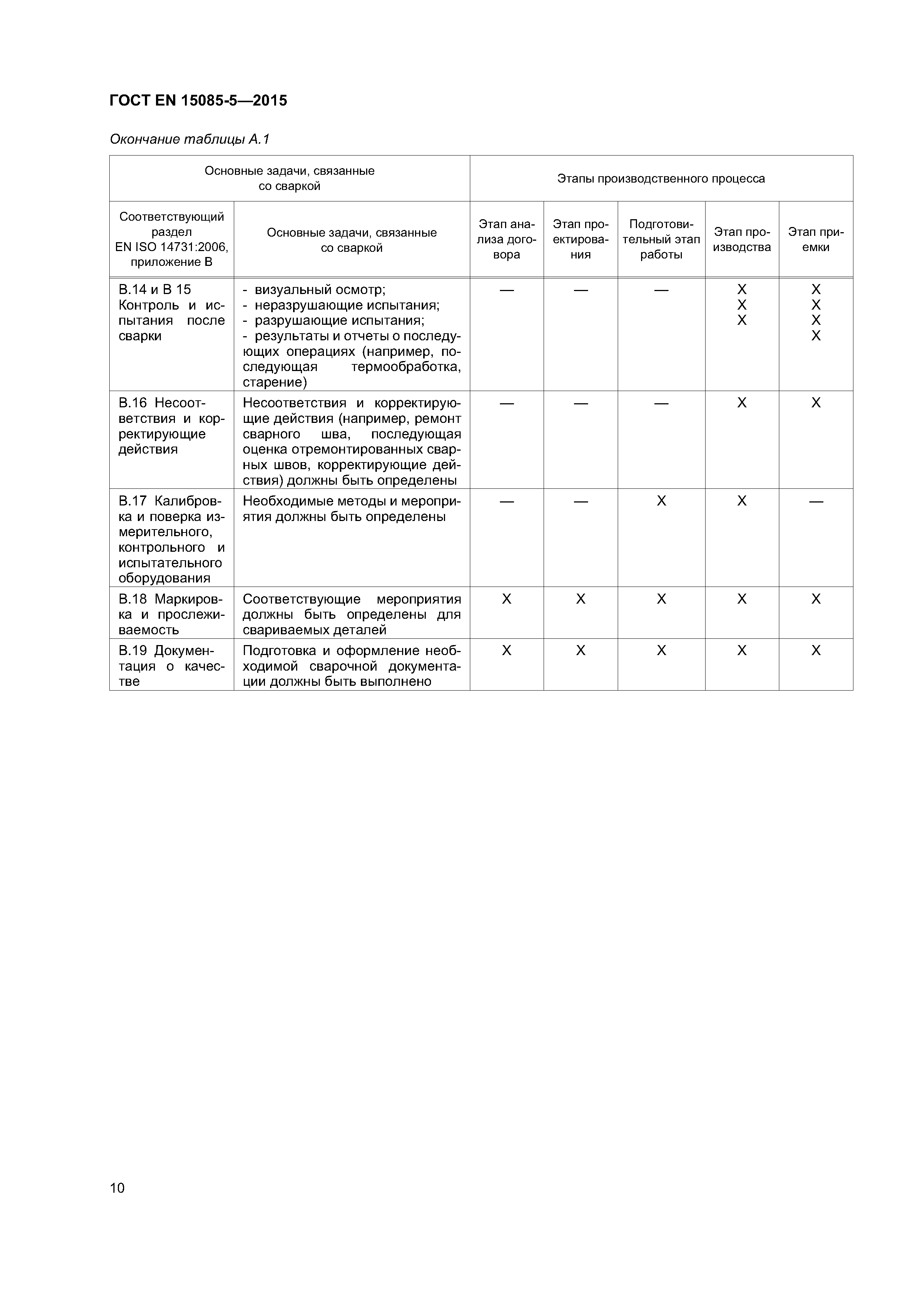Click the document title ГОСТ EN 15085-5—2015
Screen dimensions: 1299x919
pyautogui.click(x=198, y=101)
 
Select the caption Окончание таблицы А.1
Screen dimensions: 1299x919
pyautogui.click(x=190, y=139)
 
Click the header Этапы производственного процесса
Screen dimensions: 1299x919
pyautogui.click(x=661, y=179)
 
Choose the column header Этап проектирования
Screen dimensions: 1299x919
pyautogui.click(x=580, y=239)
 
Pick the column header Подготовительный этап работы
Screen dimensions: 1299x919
pyautogui.click(x=661, y=239)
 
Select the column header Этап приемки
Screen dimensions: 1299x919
pyautogui.click(x=815, y=239)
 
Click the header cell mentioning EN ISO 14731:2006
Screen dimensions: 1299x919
pyautogui.click(x=172, y=239)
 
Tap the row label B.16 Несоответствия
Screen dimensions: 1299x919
pyautogui.click(x=172, y=426)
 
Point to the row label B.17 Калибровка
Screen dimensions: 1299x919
pyautogui.click(x=172, y=539)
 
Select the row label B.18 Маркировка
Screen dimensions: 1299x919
pyautogui.click(x=172, y=614)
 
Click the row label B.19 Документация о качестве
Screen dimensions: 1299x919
pyautogui.click(x=172, y=665)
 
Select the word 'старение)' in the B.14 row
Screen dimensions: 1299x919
pyautogui.click(x=275, y=383)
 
